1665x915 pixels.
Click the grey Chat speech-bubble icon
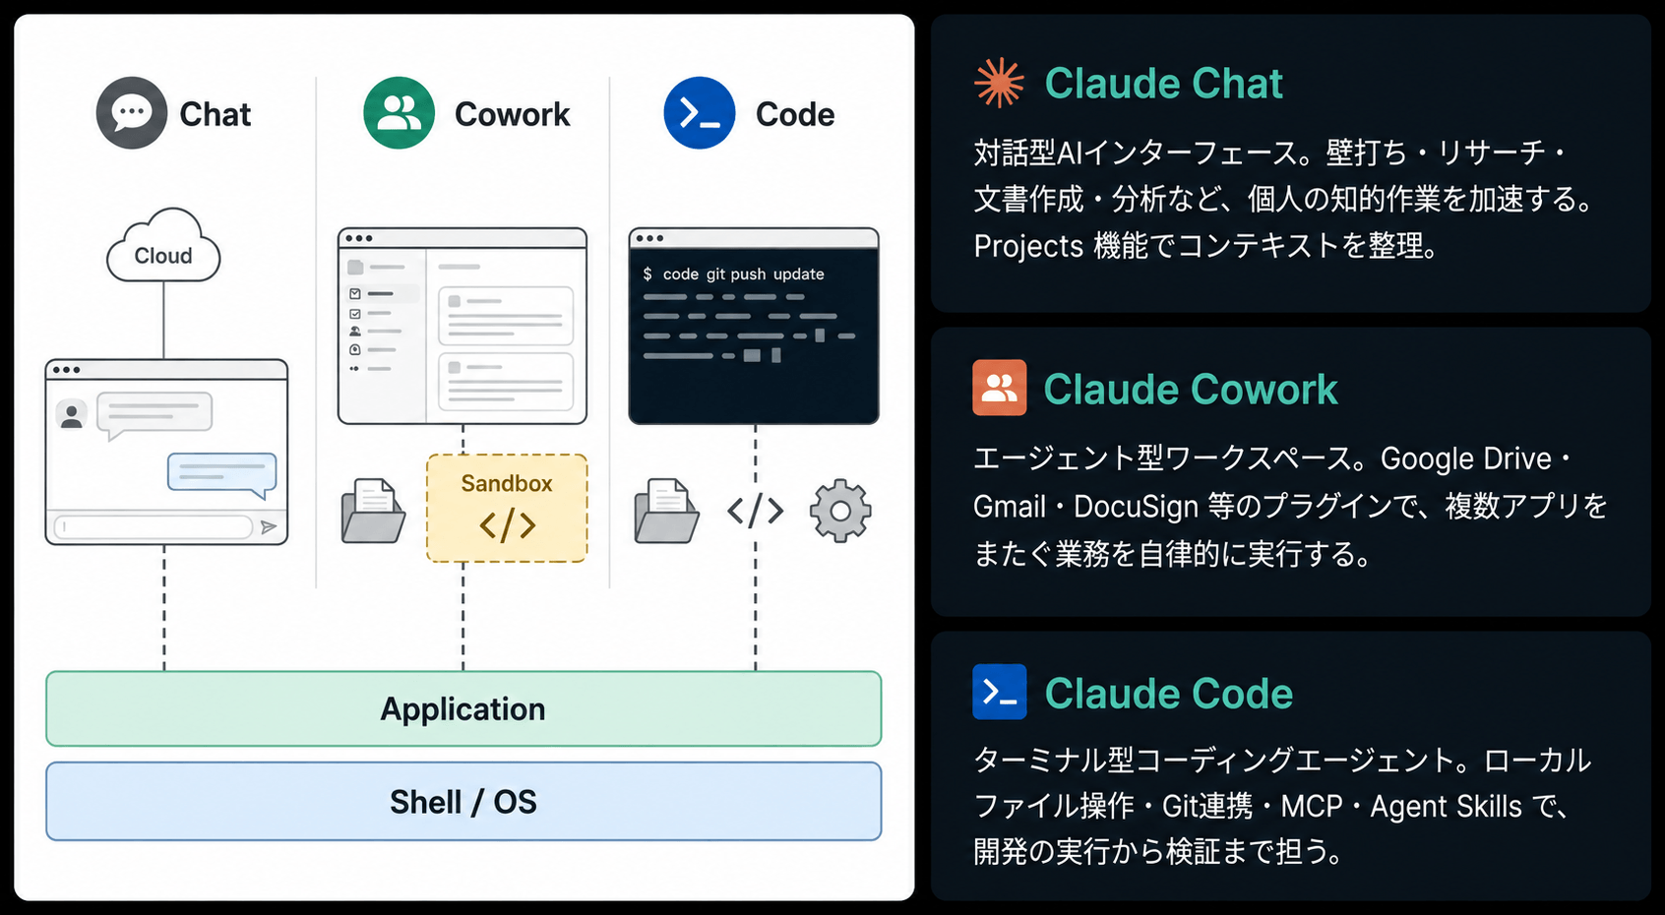pyautogui.click(x=132, y=113)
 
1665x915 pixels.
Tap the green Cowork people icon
pyautogui.click(x=399, y=113)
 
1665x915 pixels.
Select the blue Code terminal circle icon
pyautogui.click(x=699, y=113)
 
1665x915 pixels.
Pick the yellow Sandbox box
pyautogui.click(x=507, y=508)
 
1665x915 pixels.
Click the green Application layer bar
pyautogui.click(x=463, y=708)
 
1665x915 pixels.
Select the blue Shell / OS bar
pyautogui.click(x=463, y=801)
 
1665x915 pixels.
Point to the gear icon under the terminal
pyautogui.click(x=840, y=512)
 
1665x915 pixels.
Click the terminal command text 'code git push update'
pyautogui.click(x=743, y=274)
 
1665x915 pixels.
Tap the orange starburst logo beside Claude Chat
pyautogui.click(x=999, y=83)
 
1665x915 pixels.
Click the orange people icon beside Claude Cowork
pyautogui.click(x=999, y=388)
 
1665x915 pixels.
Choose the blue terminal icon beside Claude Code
pyautogui.click(x=999, y=692)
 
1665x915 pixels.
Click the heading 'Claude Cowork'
pyautogui.click(x=1190, y=389)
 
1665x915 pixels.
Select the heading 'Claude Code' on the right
pyautogui.click(x=1168, y=693)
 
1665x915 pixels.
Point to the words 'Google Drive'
pyautogui.click(x=1466, y=458)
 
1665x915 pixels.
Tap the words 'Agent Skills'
pyautogui.click(x=1446, y=807)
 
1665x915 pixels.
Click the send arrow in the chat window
pyautogui.click(x=269, y=527)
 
